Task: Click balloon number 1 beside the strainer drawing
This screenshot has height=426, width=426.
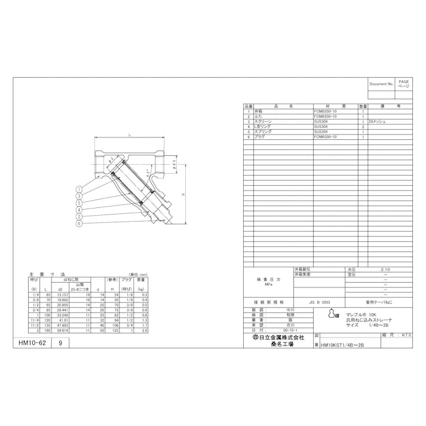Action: (78, 188)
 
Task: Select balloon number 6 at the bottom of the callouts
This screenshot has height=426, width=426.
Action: (78, 223)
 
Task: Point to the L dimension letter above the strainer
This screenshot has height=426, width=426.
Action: (130, 136)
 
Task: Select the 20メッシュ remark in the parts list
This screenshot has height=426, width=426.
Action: (377, 121)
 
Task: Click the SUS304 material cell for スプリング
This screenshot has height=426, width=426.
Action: (321, 131)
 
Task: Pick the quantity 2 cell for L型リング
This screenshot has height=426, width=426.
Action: (363, 127)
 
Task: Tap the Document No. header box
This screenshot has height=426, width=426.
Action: (381, 84)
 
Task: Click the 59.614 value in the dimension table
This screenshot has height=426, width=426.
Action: (62, 330)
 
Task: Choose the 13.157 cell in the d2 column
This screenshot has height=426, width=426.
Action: (62, 295)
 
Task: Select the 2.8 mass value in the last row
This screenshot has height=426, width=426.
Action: (144, 330)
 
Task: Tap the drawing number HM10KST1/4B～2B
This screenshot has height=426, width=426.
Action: (342, 345)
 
